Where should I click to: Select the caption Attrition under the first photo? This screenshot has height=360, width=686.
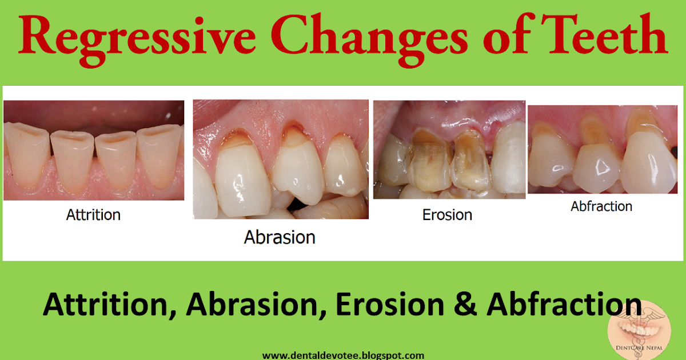[93, 215]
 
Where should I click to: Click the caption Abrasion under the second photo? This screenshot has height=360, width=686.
[280, 237]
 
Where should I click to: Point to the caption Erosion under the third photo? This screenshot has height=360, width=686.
[447, 215]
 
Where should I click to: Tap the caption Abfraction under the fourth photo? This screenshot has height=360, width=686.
[601, 206]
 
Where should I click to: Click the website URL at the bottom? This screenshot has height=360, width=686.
[343, 355]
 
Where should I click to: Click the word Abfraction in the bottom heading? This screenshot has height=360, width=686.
[564, 305]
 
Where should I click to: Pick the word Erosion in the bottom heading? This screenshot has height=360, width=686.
[389, 305]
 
